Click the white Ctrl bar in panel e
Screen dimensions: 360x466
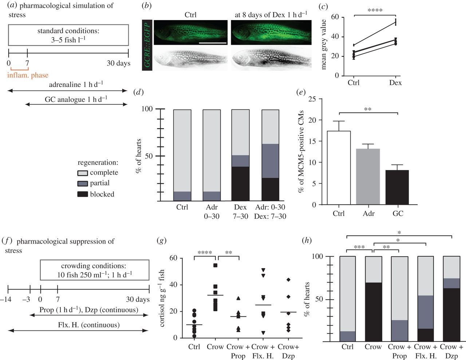click(339, 168)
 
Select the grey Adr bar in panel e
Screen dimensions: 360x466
click(368, 177)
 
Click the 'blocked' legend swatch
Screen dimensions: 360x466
click(83, 194)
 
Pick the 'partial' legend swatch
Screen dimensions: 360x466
click(83, 183)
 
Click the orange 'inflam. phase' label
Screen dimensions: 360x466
click(28, 75)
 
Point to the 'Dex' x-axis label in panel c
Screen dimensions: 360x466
click(395, 83)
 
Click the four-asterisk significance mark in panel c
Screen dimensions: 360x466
click(375, 11)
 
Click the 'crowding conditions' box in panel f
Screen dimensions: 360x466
click(94, 270)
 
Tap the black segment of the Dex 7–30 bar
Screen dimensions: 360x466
click(241, 184)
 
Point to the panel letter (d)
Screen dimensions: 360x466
click(138, 92)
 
